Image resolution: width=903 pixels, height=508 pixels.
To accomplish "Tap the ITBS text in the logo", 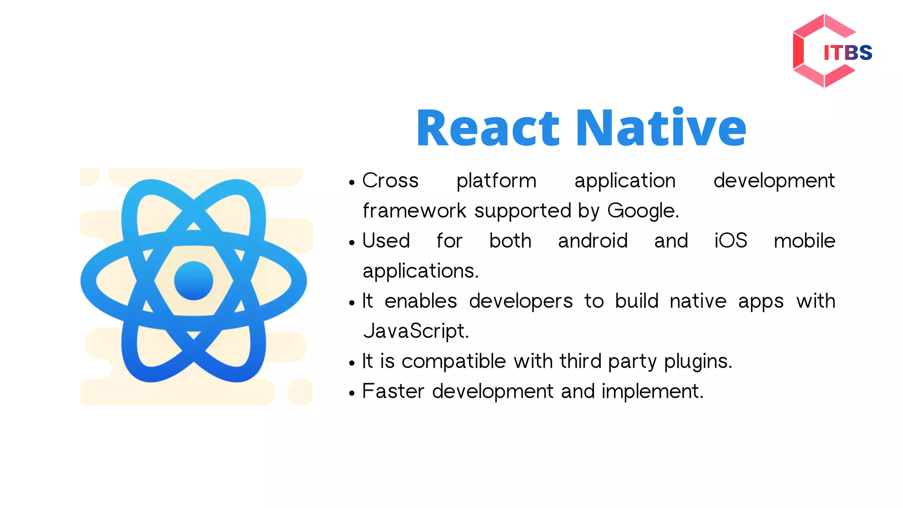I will pos(847,53).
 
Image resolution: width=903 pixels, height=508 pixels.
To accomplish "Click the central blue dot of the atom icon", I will pos(194,281).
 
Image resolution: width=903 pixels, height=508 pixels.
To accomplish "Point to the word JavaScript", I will pos(415,331).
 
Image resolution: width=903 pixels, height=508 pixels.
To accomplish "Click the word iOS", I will pos(731,241).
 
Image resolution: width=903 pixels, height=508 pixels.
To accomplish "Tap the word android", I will pos(593,241).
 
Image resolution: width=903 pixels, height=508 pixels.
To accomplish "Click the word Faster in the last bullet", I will pos(393,391).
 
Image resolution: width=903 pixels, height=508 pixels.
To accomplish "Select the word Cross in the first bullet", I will pos(390,181).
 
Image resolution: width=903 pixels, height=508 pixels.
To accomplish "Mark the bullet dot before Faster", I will pos(351,393).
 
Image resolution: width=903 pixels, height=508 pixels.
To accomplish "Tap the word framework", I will pos(414,211).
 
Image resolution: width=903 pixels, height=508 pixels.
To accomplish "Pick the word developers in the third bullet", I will pos(520,302).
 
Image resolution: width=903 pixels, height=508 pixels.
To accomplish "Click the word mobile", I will pos(804,241).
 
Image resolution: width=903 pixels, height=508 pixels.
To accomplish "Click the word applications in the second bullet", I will pos(420,271).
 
